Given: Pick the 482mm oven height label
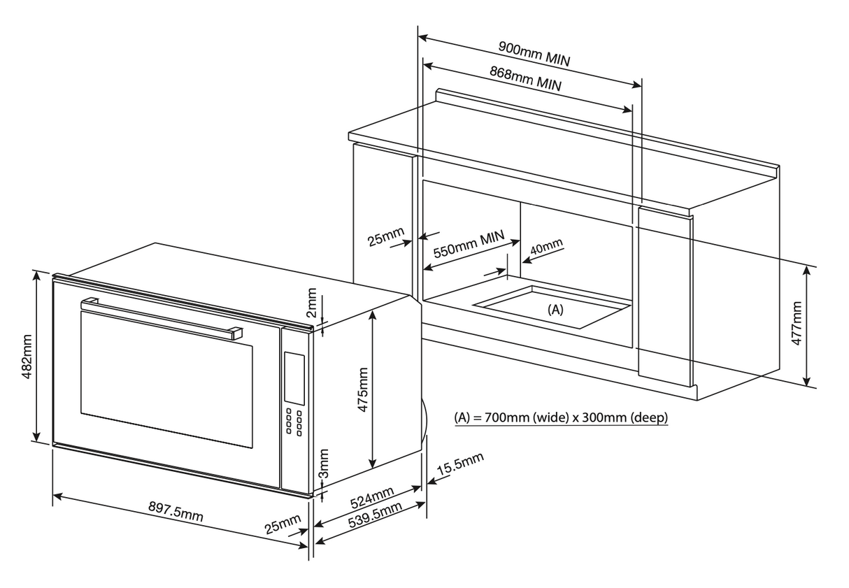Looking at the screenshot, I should click(27, 357).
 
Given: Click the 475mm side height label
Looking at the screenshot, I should click(362, 390).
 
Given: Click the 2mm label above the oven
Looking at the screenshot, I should click(313, 302).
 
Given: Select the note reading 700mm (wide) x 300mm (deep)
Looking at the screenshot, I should click(561, 418).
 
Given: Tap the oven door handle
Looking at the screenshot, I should click(160, 318).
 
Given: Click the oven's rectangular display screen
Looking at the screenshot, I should click(294, 378).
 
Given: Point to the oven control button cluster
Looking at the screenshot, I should click(294, 422).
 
